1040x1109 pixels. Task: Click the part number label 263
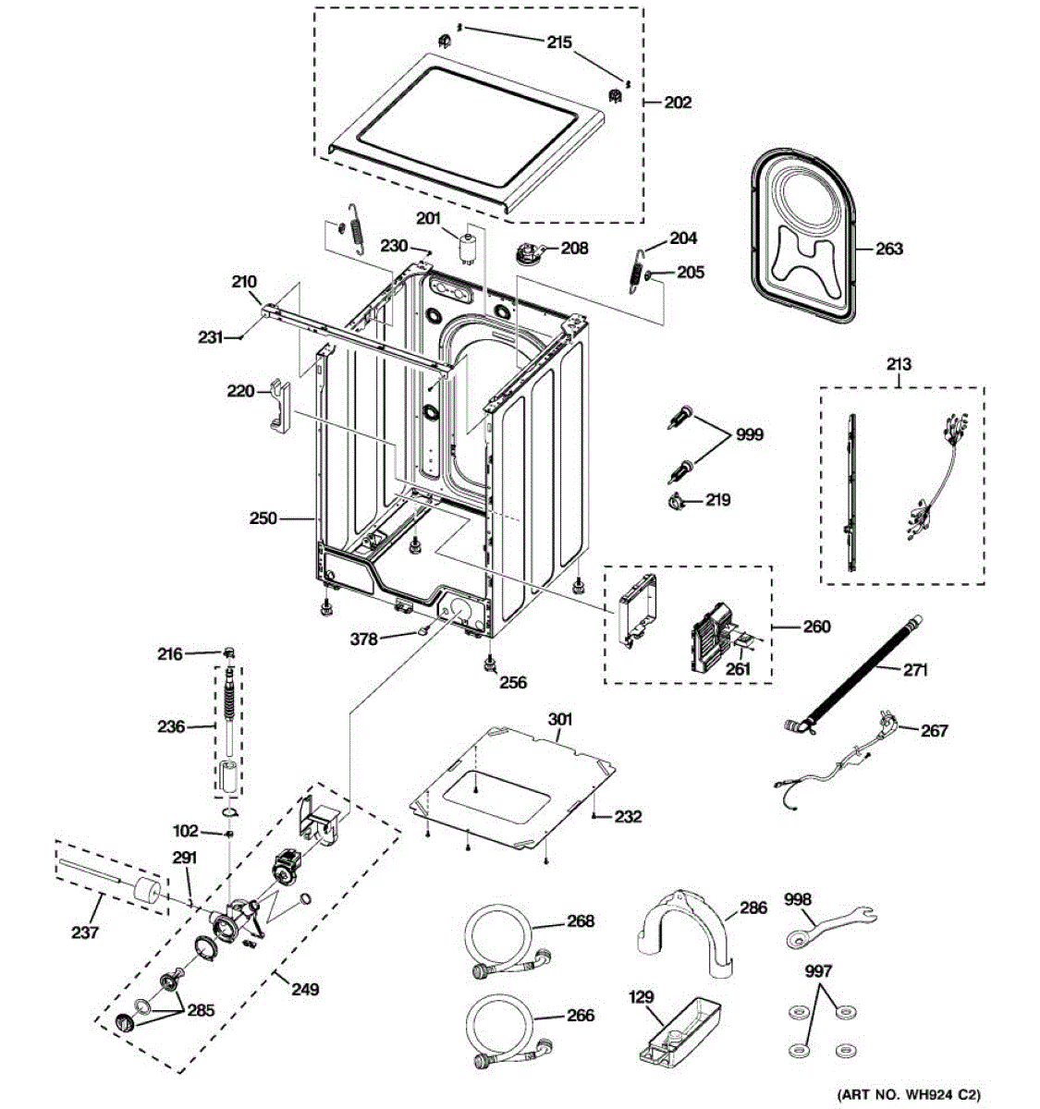pyautogui.click(x=889, y=249)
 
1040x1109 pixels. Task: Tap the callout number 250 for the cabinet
pyautogui.click(x=263, y=519)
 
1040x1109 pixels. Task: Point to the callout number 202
pyautogui.click(x=678, y=103)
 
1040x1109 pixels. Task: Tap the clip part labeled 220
pyautogui.click(x=279, y=404)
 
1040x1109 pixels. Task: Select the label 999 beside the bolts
pyautogui.click(x=749, y=434)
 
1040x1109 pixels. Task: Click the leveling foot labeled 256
pyautogui.click(x=487, y=664)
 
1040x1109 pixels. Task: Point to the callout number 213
pyautogui.click(x=899, y=364)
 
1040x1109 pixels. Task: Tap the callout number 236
pyautogui.click(x=171, y=726)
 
